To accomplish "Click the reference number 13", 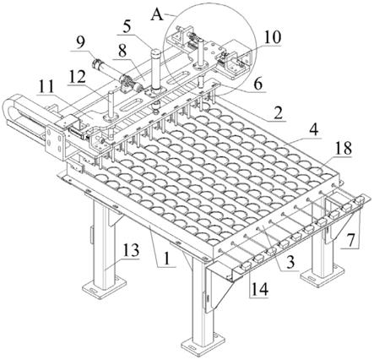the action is tap(130, 250).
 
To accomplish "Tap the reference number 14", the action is tap(260, 289).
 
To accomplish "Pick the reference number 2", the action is tap(278, 113).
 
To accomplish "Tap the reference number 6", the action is tap(257, 84).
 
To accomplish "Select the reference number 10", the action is tap(272, 37).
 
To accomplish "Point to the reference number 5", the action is tap(127, 27).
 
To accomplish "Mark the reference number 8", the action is tap(122, 52).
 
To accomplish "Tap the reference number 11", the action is tap(46, 88).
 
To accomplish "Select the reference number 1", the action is tap(167, 259).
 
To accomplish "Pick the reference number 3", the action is tap(290, 262).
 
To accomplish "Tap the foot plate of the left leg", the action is tap(104, 286).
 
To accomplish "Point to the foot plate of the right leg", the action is tap(323, 274).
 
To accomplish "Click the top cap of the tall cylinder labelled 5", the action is tap(156, 52).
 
